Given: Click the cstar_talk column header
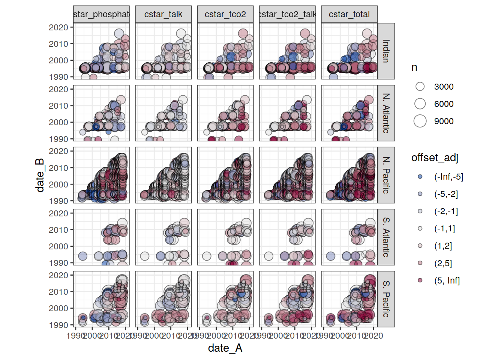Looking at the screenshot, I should pyautogui.click(x=163, y=14).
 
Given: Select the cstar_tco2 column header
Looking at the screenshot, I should pyautogui.click(x=225, y=14).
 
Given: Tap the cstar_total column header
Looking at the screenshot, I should pyautogui.click(x=349, y=14).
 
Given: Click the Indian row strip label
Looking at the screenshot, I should pyautogui.click(x=386, y=51).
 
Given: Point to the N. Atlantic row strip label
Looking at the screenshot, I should pyautogui.click(x=386, y=113).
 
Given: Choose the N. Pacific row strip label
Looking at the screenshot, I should pyautogui.click(x=386, y=175).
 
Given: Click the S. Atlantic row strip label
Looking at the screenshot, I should pyautogui.click(x=386, y=237).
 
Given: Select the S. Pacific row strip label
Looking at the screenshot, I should pyautogui.click(x=386, y=299).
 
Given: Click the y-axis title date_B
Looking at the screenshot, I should pyautogui.click(x=40, y=175).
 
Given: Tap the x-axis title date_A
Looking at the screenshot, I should pyautogui.click(x=225, y=348).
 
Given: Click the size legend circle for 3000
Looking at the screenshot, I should pyautogui.click(x=420, y=87).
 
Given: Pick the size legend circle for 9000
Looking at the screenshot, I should pyautogui.click(x=420, y=121).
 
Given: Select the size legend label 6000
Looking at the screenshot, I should pyautogui.click(x=444, y=104).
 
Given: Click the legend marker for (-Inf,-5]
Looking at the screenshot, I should pyautogui.click(x=420, y=177).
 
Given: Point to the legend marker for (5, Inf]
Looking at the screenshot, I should pyautogui.click(x=420, y=280).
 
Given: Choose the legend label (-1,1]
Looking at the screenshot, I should pyautogui.click(x=444, y=228).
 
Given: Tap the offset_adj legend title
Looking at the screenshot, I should pyautogui.click(x=435, y=157).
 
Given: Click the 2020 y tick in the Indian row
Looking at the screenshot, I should pyautogui.click(x=58, y=27).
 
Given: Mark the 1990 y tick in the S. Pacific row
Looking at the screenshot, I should pyautogui.click(x=58, y=325).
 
